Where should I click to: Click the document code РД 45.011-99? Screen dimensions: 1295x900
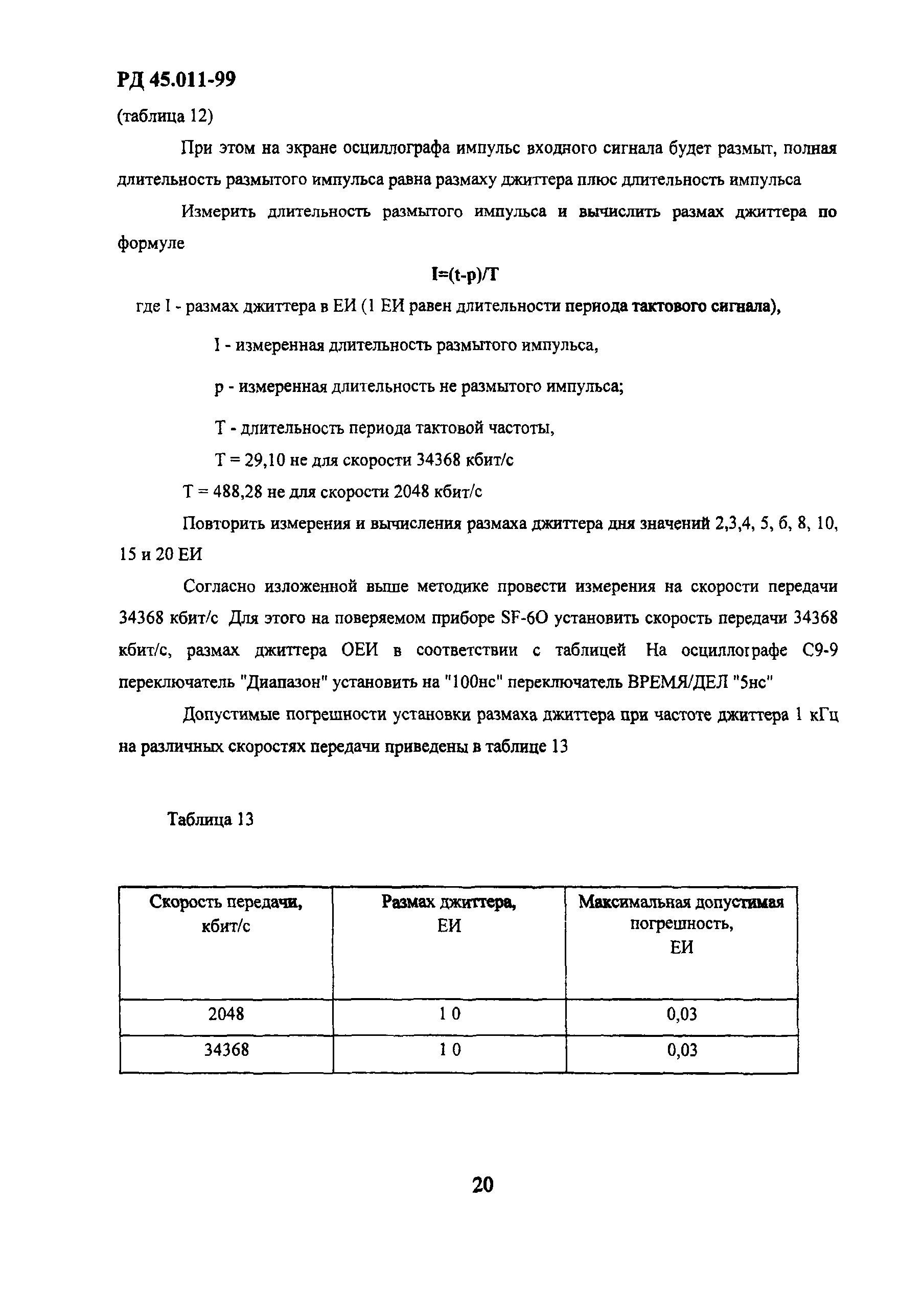pos(176,80)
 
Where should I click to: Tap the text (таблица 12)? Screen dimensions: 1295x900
pos(165,116)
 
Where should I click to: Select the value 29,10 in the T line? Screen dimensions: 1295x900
pos(266,460)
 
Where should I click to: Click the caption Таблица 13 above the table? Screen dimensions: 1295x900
pos(211,819)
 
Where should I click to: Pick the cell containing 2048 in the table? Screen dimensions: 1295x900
pos(225,1015)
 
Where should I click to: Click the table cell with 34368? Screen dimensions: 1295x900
pos(225,1050)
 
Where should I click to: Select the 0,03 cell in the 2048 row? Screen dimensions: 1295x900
pos(682,1015)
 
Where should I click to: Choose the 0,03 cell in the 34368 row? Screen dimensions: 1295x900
pos(682,1050)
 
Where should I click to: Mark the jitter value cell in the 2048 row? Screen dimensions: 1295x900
pos(449,1015)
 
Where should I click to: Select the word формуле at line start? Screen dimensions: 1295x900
pos(151,244)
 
